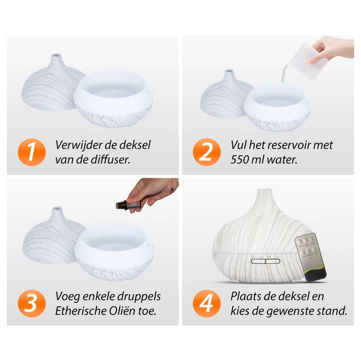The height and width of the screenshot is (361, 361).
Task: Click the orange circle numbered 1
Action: (x=32, y=152)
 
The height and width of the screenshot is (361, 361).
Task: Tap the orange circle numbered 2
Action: (x=207, y=152)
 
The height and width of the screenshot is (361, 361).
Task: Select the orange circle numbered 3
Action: (x=32, y=303)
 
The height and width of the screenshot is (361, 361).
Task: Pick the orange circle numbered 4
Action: (x=207, y=303)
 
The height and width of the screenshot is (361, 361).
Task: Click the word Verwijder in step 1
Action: (x=78, y=145)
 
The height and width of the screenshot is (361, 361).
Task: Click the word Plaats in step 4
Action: (x=245, y=296)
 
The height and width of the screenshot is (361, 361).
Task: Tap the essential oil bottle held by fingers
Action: (x=127, y=204)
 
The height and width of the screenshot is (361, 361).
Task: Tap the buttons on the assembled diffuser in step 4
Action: (x=265, y=261)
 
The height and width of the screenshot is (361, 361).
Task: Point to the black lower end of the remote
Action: (x=315, y=275)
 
